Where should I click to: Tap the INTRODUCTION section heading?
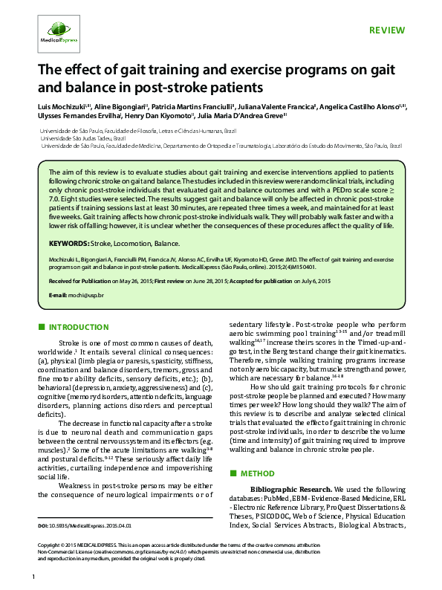point(78,327)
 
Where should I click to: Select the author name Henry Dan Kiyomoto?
point(162,117)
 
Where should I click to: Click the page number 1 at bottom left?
point(33,577)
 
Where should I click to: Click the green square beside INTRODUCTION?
point(42,327)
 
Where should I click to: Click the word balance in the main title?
point(63,86)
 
